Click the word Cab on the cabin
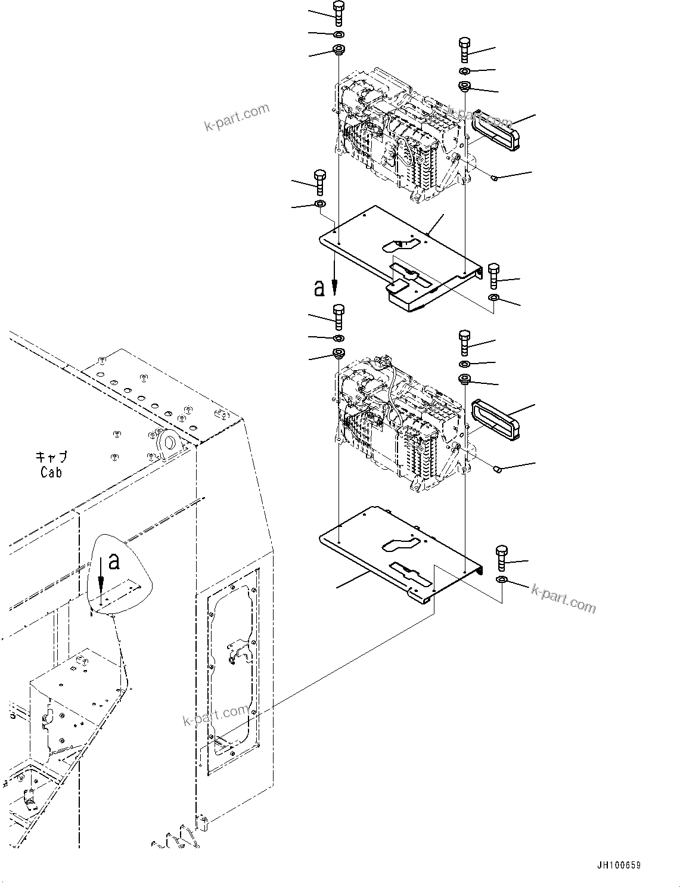(51, 472)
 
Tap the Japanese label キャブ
(51, 457)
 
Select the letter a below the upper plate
(320, 289)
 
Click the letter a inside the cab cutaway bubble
(115, 561)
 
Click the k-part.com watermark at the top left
(237, 117)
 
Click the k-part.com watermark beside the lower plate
(563, 598)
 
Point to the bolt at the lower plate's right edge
(501, 557)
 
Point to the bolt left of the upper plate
(319, 181)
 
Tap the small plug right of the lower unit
(497, 470)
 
